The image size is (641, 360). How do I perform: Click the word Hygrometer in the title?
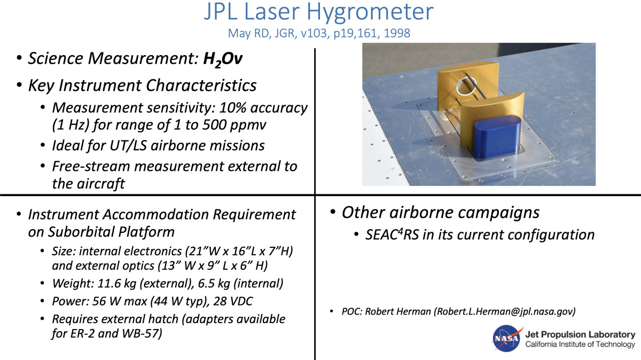tap(370, 13)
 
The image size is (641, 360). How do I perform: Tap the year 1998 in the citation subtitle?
tap(396, 33)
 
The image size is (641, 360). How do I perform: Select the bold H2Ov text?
tap(223, 59)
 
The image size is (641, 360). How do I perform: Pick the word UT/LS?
tap(128, 145)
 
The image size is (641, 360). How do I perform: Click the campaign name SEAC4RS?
tap(392, 234)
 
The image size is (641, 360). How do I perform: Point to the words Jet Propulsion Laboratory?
tap(580, 334)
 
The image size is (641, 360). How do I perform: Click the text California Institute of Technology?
tap(580, 345)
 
